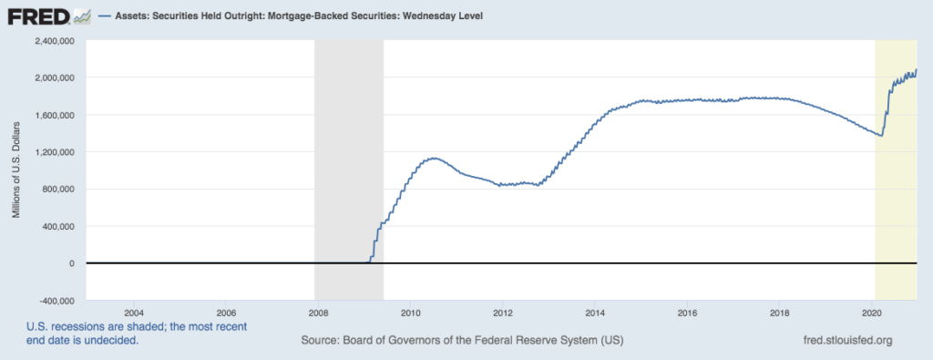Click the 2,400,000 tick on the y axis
click(56, 41)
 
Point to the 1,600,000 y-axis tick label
click(56, 115)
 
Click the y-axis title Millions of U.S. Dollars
click(17, 170)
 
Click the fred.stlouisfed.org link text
click(843, 340)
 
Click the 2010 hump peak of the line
click(435, 159)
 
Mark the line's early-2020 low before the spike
click(881, 136)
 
